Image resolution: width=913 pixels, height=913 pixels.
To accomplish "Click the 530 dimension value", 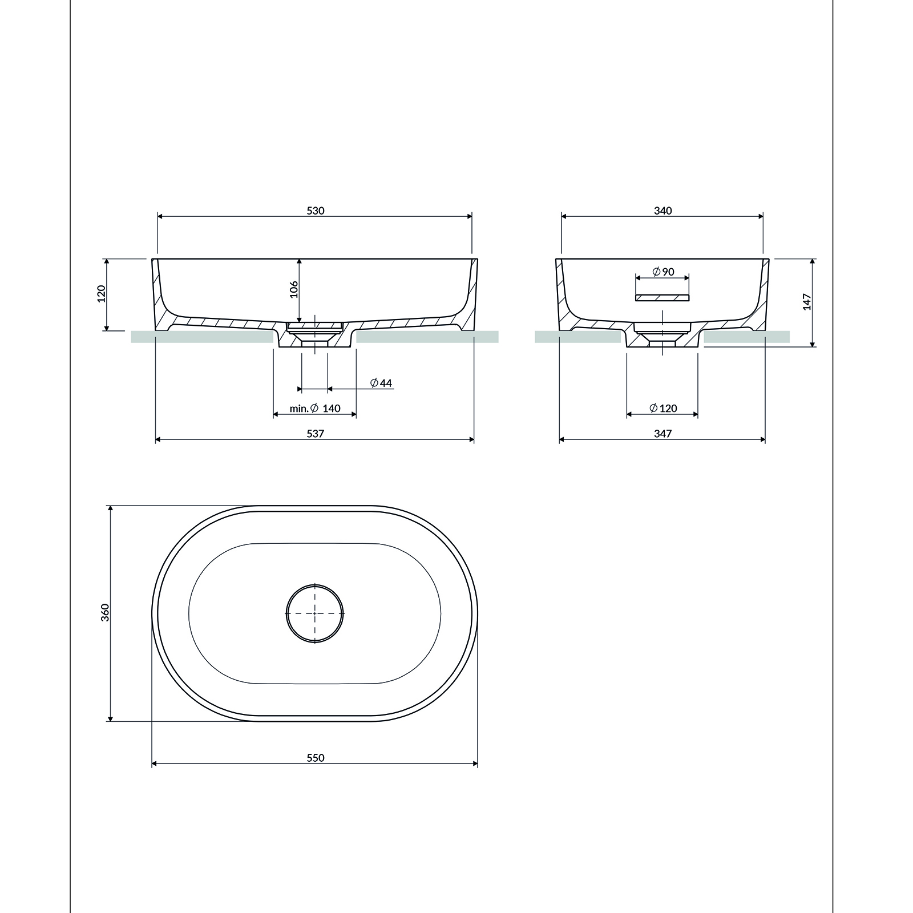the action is (315, 211).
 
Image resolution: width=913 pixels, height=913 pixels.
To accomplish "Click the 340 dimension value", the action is (662, 211).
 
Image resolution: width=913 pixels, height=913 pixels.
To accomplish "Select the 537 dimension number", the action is (315, 434).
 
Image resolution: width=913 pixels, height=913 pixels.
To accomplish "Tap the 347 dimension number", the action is (662, 434).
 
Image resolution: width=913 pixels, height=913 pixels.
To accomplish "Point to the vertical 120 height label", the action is (102, 294).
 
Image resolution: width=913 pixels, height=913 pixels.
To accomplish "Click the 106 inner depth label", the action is (293, 290).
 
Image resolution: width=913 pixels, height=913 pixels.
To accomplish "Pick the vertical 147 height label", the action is (807, 301).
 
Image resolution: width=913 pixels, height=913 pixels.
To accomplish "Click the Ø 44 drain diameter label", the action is (381, 383).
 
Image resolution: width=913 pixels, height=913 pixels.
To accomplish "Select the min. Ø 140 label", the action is (315, 408).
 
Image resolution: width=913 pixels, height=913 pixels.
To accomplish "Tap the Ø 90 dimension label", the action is (662, 272).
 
